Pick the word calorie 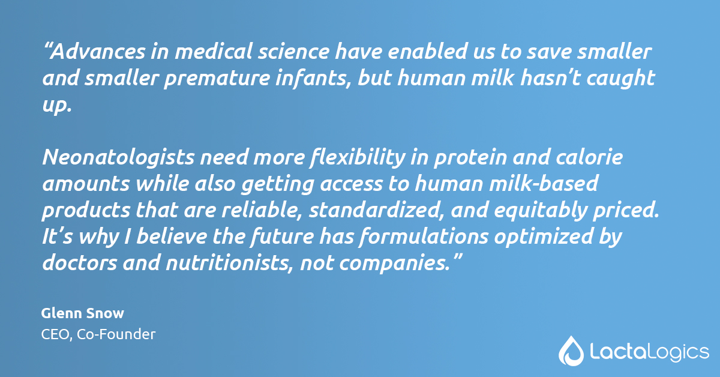[590, 158]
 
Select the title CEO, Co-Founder [98, 334]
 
